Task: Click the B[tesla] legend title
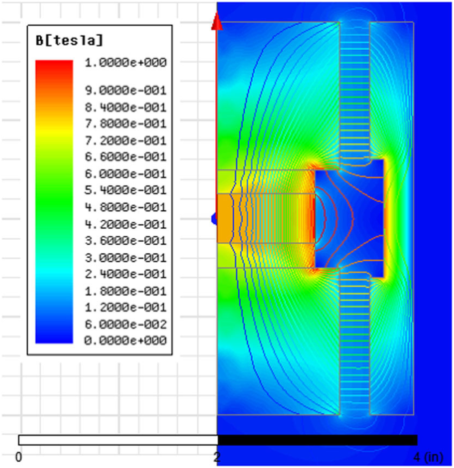pos(69,41)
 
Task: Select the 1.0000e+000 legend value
pos(126,63)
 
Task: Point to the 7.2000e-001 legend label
pos(126,141)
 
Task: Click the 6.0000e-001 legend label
pos(126,174)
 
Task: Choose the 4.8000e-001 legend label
pos(126,208)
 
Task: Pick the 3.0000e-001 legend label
pos(126,258)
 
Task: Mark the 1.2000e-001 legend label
pos(126,307)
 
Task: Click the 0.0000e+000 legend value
pos(126,340)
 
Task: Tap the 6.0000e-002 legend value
pos(126,324)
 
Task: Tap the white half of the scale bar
pos(118,440)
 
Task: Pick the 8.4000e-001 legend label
pos(126,108)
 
